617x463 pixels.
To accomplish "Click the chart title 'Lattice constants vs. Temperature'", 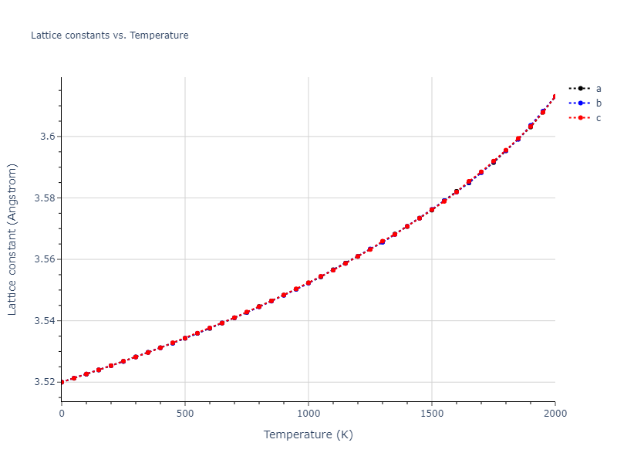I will [110, 35].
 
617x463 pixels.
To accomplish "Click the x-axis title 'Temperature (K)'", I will [308, 435].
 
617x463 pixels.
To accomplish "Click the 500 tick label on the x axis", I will [185, 414].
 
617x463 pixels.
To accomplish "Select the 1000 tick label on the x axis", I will [308, 414].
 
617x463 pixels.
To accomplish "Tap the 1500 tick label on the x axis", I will [432, 414].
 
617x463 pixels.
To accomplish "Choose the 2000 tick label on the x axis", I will [555, 414].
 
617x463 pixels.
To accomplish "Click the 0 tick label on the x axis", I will [62, 414].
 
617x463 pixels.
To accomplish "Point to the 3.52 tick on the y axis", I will [45, 382].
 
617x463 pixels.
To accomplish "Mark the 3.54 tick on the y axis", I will [45, 321].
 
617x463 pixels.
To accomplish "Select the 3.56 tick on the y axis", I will [45, 259].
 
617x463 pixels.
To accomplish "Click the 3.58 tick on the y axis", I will [45, 198].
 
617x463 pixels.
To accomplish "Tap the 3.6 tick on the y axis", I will [48, 137].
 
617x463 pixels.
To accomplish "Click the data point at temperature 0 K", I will [62, 382].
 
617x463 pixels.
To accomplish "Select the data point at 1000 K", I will [308, 283].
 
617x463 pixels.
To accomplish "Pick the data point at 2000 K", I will [555, 96].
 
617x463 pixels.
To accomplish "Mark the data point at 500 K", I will [185, 338].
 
